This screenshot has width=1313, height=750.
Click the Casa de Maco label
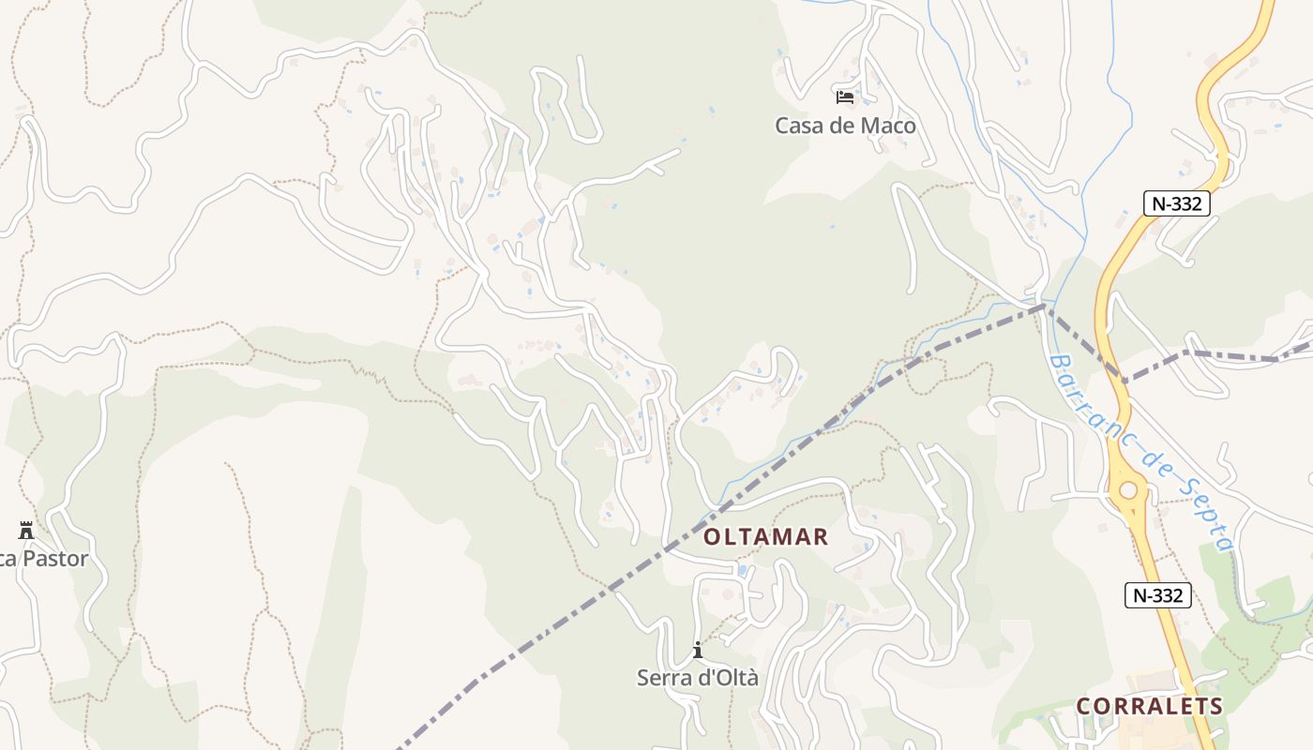coord(845,126)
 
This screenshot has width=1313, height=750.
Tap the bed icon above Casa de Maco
coord(845,97)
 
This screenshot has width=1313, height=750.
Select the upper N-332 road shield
coord(1177,203)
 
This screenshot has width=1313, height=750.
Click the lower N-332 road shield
coord(1157,594)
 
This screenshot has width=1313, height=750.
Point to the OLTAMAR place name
coord(766,537)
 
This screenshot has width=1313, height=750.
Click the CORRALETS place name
coord(1150,707)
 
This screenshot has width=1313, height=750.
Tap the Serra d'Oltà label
coord(698,678)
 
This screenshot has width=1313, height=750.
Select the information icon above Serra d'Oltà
coord(698,650)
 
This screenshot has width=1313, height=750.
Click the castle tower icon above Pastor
coord(26,531)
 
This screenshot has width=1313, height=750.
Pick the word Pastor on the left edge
coord(55,560)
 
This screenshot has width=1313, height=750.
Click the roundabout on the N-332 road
coord(1128,490)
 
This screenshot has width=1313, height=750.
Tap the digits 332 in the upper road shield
coord(1186,203)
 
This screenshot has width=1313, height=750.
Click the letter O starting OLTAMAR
coord(712,537)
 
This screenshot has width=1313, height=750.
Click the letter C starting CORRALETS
coord(1084,707)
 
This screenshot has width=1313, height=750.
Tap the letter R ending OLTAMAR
coord(821,537)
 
